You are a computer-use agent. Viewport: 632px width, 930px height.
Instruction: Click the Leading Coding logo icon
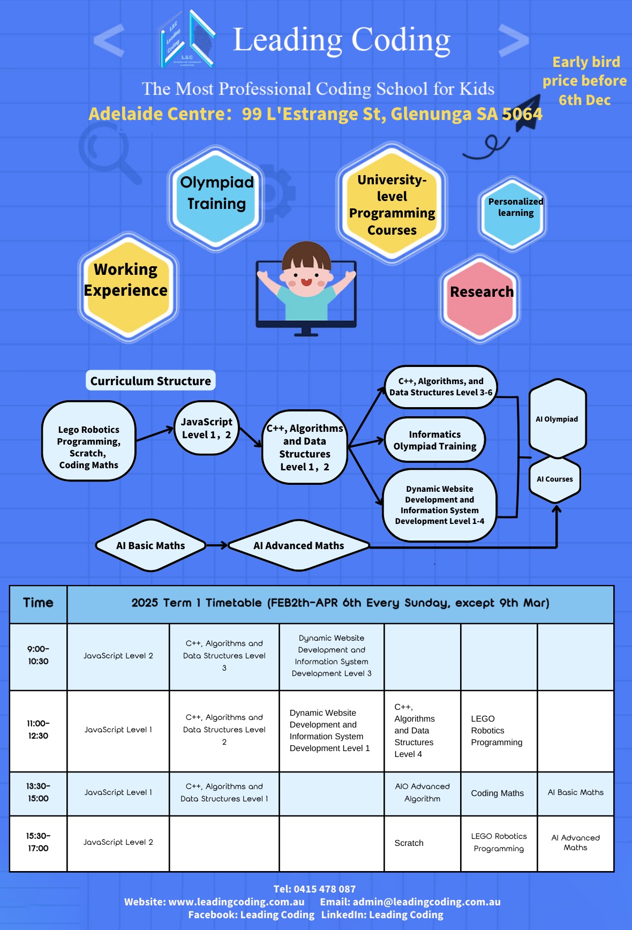pos(187,40)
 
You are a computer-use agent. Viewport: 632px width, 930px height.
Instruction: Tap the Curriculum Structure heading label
pos(151,381)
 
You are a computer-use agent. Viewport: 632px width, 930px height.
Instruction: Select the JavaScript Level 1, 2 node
pos(206,428)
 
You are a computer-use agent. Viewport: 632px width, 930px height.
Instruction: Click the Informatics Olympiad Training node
pos(434,440)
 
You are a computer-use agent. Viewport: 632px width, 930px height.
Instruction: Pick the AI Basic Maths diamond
pos(151,545)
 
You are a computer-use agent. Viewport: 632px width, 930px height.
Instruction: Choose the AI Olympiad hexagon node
pos(557,419)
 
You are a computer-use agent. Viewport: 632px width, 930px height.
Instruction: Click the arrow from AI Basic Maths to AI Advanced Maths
pos(217,545)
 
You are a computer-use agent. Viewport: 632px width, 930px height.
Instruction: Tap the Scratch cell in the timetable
pos(409,843)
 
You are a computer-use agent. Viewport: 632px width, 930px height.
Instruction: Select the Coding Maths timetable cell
pos(498,793)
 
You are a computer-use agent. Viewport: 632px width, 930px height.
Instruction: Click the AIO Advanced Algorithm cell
pos(422,793)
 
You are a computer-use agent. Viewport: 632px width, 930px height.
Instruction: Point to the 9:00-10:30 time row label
pos(38,655)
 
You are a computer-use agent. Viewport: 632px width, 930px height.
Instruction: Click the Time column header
pos(38,603)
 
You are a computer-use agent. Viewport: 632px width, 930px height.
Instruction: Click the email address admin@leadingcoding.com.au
pos(426,902)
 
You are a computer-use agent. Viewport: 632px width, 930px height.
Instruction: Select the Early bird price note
pos(585,81)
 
